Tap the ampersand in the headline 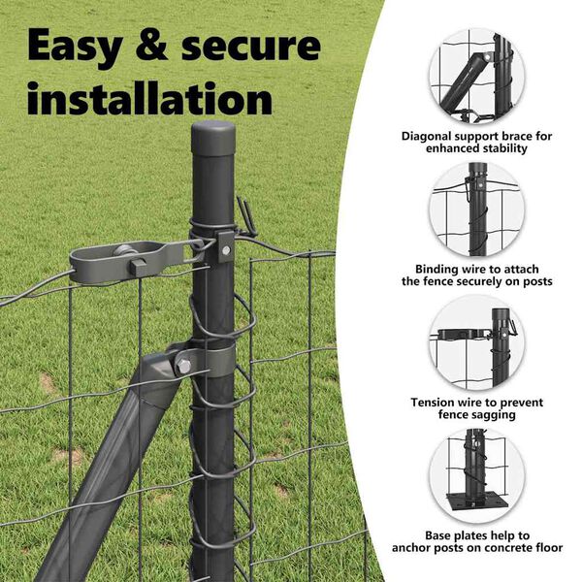(152, 45)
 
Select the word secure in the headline (251, 46)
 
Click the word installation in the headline (150, 99)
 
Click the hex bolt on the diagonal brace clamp (183, 366)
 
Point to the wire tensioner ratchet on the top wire (137, 261)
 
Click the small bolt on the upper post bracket (226, 251)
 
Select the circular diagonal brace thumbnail (477, 76)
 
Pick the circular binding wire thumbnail (477, 209)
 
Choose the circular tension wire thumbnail (477, 342)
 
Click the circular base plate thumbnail (477, 475)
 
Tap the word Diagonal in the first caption (426, 137)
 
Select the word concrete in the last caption (506, 548)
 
